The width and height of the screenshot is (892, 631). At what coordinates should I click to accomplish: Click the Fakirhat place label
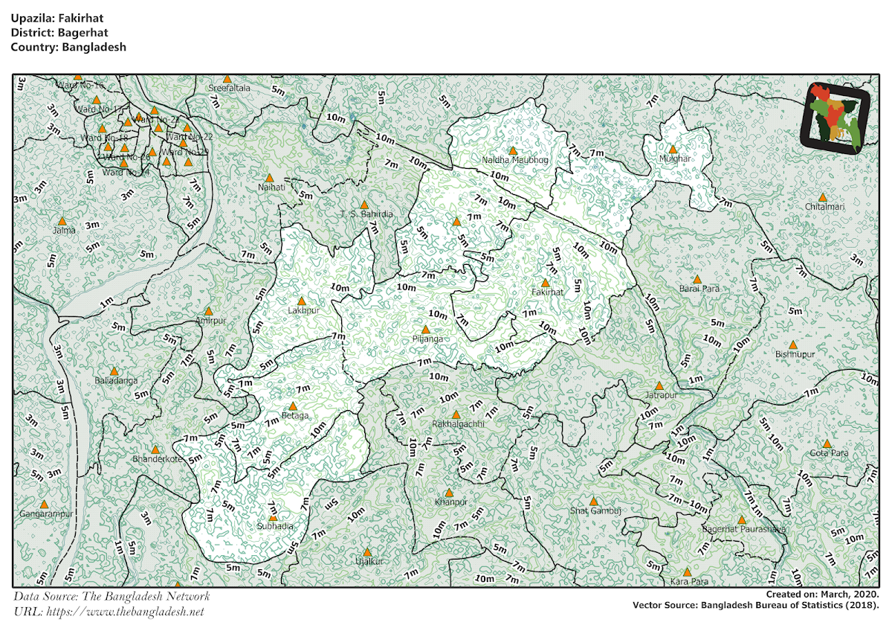pyautogui.click(x=548, y=292)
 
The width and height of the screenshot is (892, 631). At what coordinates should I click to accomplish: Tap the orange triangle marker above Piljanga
pyautogui.click(x=425, y=329)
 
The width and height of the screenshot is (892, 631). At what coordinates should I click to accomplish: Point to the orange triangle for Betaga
pyautogui.click(x=293, y=406)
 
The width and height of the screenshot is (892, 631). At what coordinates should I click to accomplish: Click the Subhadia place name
pyautogui.click(x=274, y=526)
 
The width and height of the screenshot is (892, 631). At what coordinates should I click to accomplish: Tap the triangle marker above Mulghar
pyautogui.click(x=672, y=149)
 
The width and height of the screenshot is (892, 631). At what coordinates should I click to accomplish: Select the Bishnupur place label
pyautogui.click(x=795, y=354)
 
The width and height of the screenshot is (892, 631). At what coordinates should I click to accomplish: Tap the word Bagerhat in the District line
pyautogui.click(x=77, y=33)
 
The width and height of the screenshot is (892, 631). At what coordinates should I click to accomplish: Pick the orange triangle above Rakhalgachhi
pyautogui.click(x=456, y=414)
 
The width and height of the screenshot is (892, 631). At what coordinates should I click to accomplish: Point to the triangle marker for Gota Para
pyautogui.click(x=827, y=443)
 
